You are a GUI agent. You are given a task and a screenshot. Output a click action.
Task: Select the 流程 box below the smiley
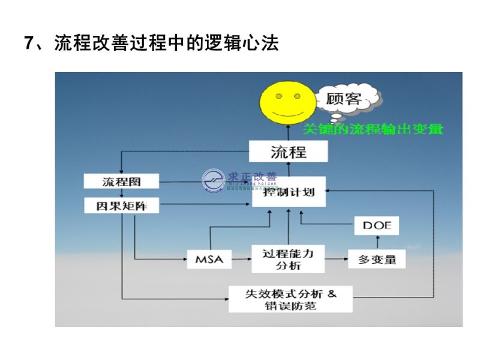point(288,151)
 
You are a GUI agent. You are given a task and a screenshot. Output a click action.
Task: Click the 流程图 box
point(122,181)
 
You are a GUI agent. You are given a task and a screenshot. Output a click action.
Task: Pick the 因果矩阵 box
point(122,206)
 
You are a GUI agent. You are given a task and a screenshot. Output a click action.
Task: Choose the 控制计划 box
point(288,193)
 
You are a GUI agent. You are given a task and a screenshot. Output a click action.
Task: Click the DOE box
point(377,225)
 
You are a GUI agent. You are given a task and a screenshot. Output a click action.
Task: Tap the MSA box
point(209,259)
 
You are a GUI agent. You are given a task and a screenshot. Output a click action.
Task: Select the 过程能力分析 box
point(288,259)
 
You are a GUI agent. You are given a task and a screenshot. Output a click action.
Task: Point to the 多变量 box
point(377,260)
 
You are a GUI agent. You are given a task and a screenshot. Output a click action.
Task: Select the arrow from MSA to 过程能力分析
point(241,259)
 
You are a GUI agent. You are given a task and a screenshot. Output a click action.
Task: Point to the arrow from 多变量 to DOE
point(377,242)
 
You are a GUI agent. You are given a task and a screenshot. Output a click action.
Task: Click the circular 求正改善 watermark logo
point(214,181)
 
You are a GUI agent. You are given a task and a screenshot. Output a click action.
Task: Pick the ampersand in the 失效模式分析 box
point(333,293)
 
